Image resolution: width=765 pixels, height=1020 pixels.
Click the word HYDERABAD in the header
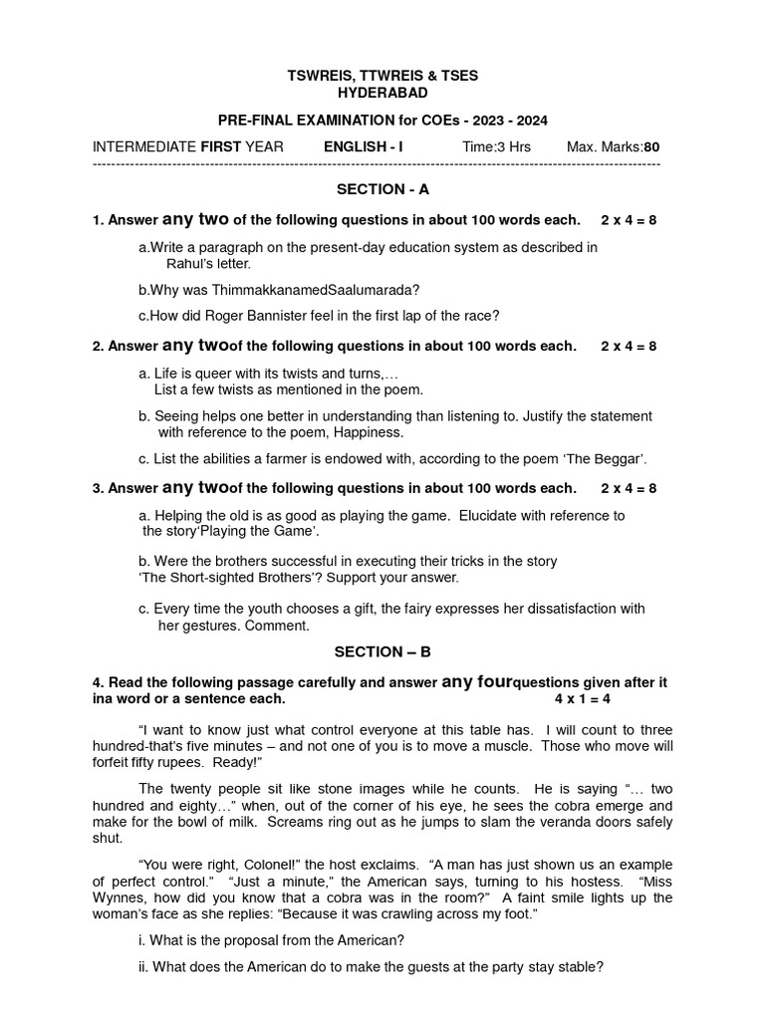[x=382, y=93]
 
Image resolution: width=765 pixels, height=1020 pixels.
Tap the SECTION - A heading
[x=382, y=188]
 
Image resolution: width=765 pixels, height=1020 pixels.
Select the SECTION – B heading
[x=382, y=652]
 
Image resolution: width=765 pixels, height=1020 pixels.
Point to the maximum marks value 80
[x=651, y=147]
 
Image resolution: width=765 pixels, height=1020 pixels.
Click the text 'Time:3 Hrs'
[x=496, y=147]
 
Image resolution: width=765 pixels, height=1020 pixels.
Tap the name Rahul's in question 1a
[x=187, y=264]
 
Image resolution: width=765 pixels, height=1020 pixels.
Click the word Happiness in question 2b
[x=367, y=433]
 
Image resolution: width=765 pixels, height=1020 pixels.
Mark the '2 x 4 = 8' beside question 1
[x=629, y=219]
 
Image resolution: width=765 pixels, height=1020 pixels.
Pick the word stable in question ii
[x=581, y=967]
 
